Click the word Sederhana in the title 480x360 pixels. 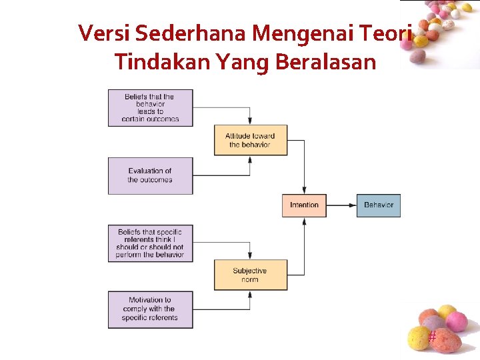(x=173, y=33)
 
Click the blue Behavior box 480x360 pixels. (x=379, y=205)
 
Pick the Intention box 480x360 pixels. (x=304, y=205)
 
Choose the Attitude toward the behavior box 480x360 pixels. (x=250, y=140)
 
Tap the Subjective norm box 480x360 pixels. (x=250, y=275)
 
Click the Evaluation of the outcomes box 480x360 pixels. (x=150, y=175)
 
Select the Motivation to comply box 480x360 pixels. (x=150, y=309)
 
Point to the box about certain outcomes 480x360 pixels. (x=150, y=108)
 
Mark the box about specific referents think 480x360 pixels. (x=150, y=243)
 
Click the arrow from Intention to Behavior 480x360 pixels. (x=341, y=205)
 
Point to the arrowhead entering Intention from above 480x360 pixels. (x=305, y=191)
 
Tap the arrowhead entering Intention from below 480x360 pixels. (x=305, y=221)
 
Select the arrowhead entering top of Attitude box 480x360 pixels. (x=250, y=121)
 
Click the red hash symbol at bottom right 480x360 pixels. (x=432, y=337)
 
